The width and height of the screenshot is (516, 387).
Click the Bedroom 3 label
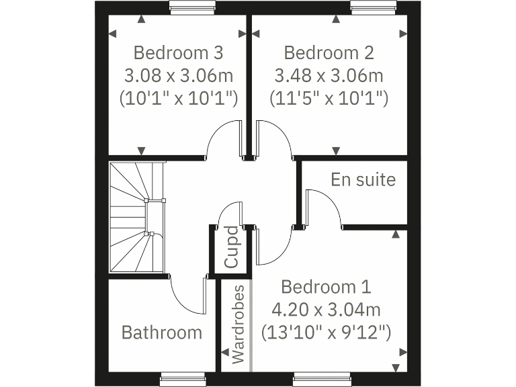click(178, 52)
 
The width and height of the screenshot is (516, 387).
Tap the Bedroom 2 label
click(329, 52)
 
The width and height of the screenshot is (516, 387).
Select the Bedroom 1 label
click(325, 288)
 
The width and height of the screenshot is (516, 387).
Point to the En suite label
click(363, 180)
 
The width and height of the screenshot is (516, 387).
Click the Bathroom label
click(161, 332)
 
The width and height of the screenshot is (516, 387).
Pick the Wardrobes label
click(238, 325)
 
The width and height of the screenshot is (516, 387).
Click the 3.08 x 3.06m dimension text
click(178, 75)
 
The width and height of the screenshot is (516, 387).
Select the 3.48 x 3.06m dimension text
click(329, 75)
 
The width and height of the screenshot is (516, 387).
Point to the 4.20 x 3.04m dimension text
click(325, 310)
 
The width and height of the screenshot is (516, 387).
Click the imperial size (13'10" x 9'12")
click(325, 332)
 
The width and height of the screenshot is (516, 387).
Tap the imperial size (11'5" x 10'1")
click(329, 98)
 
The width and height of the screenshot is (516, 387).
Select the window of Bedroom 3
click(191, 9)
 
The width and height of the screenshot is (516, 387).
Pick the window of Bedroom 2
click(374, 9)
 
